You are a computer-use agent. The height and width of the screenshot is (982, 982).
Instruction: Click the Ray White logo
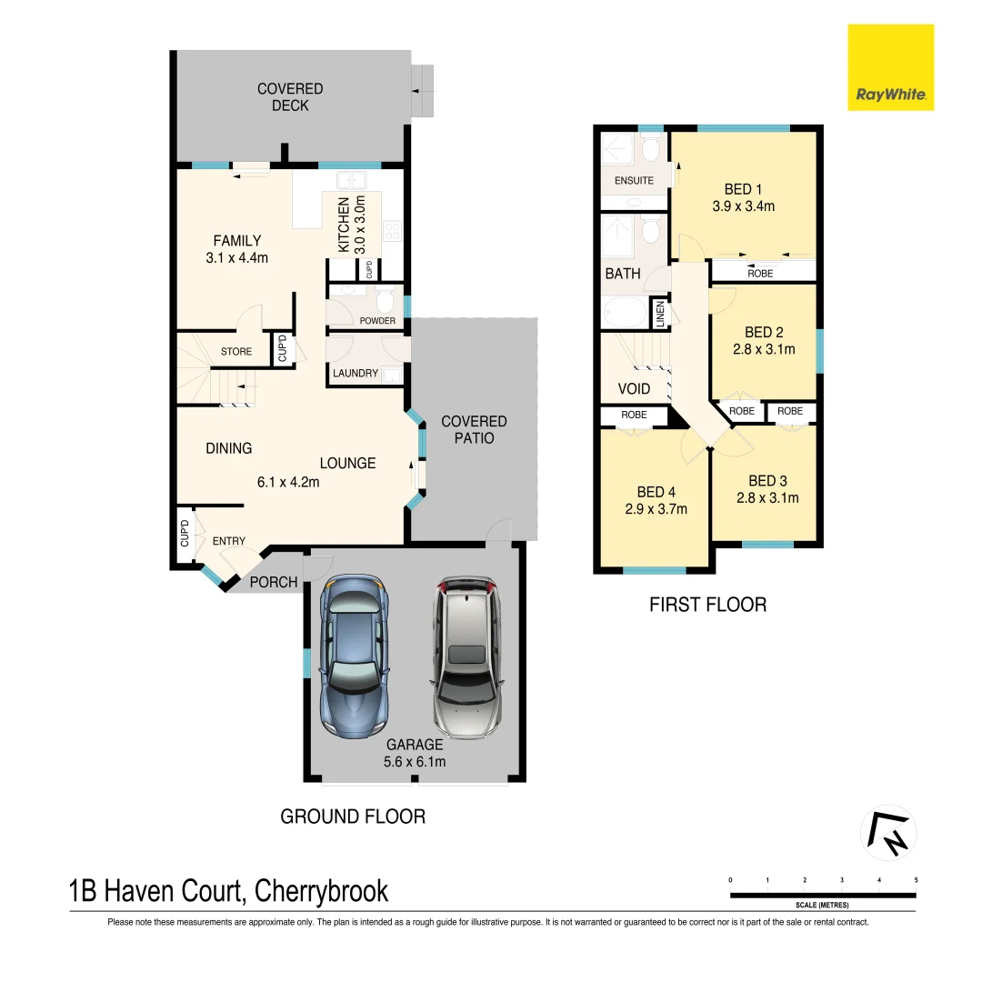point(890,68)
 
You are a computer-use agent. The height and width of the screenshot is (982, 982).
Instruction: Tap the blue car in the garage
point(354,658)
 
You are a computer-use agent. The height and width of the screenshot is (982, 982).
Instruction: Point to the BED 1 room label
point(743,189)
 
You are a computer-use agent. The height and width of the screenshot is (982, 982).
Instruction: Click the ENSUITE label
point(634,180)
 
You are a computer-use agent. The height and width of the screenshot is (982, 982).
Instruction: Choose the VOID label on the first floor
point(634,389)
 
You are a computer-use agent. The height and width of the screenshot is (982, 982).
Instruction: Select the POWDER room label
point(377,321)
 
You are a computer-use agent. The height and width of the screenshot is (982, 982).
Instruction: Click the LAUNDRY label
point(356,374)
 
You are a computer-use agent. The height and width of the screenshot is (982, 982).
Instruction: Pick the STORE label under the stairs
point(236,352)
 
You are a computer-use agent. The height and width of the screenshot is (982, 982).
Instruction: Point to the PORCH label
point(275,582)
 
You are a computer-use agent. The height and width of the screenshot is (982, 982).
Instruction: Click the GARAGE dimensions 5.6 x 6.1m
point(415,762)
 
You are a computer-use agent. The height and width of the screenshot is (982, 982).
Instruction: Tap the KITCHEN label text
point(344,225)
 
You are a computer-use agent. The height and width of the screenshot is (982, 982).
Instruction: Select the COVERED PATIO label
point(474,429)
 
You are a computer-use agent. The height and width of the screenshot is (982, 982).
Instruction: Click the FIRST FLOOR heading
point(707,605)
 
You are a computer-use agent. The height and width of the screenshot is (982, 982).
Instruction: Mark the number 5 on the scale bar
point(916,880)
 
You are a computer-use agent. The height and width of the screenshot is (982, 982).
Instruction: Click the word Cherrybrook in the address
point(322,891)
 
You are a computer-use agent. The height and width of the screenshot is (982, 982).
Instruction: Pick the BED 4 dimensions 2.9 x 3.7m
point(656,509)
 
